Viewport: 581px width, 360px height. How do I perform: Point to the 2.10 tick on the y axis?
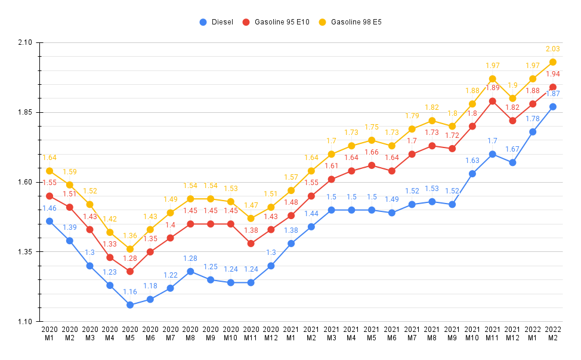click(24, 43)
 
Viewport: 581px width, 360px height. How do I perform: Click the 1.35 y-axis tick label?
click(24, 252)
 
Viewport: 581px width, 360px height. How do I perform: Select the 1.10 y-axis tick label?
click(24, 322)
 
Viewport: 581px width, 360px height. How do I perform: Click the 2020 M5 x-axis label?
click(130, 333)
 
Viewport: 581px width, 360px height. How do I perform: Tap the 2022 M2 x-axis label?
click(552, 333)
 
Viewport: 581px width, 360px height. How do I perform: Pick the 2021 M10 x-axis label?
click(472, 333)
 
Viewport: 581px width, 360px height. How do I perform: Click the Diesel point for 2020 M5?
click(130, 305)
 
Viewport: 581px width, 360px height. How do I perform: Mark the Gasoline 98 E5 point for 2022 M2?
click(552, 62)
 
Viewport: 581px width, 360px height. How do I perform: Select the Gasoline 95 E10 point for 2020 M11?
click(251, 244)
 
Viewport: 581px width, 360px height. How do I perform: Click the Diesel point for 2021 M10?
click(472, 174)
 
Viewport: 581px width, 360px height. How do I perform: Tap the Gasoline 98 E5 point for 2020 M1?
click(50, 171)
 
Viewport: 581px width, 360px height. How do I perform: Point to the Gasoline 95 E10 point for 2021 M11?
click(492, 101)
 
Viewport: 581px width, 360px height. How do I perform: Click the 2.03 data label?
click(552, 49)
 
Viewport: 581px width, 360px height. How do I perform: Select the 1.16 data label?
click(130, 292)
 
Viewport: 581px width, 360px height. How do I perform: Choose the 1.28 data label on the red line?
click(130, 258)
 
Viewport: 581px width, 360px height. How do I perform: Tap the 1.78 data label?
click(533, 119)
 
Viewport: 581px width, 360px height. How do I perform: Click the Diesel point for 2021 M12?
click(512, 162)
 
